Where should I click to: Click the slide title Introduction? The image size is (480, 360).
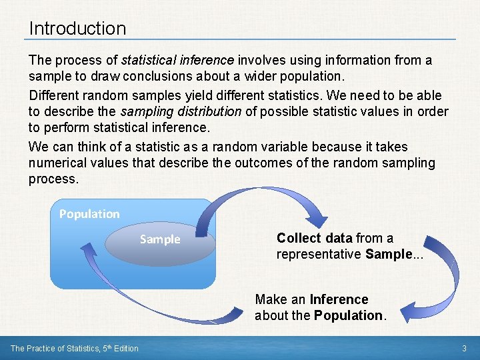(77, 28)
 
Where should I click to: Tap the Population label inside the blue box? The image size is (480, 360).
(89, 214)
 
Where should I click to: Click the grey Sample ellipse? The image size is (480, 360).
(160, 239)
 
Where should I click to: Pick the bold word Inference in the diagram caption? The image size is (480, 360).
(339, 299)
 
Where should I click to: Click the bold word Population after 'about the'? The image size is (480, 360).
(348, 315)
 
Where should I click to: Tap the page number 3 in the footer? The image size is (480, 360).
(464, 348)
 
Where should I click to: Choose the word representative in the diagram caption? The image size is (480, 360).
(319, 254)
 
